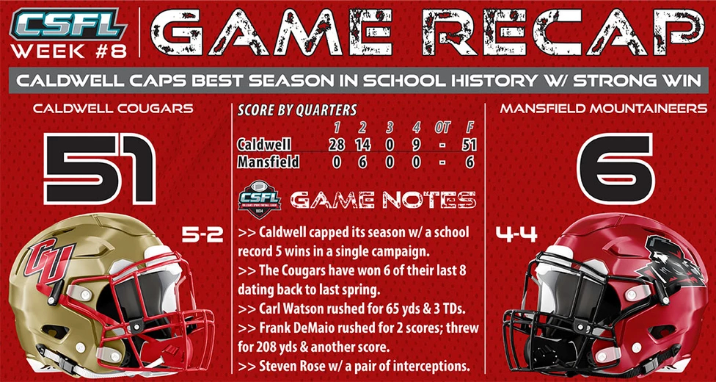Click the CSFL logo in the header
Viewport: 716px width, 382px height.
click(x=67, y=24)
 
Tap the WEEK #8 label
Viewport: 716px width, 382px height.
click(x=68, y=51)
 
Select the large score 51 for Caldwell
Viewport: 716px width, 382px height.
click(x=100, y=169)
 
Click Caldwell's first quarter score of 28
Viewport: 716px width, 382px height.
click(x=337, y=145)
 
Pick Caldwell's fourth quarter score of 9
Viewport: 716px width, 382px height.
click(x=415, y=145)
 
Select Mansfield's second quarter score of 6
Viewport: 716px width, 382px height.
click(x=363, y=162)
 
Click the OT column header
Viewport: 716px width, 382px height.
click(x=442, y=128)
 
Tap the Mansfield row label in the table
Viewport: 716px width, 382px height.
click(x=268, y=162)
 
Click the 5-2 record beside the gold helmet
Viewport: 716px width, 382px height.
click(x=202, y=235)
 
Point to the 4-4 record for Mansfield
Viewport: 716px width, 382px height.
click(x=516, y=235)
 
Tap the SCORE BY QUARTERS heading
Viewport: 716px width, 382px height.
click(x=297, y=110)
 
